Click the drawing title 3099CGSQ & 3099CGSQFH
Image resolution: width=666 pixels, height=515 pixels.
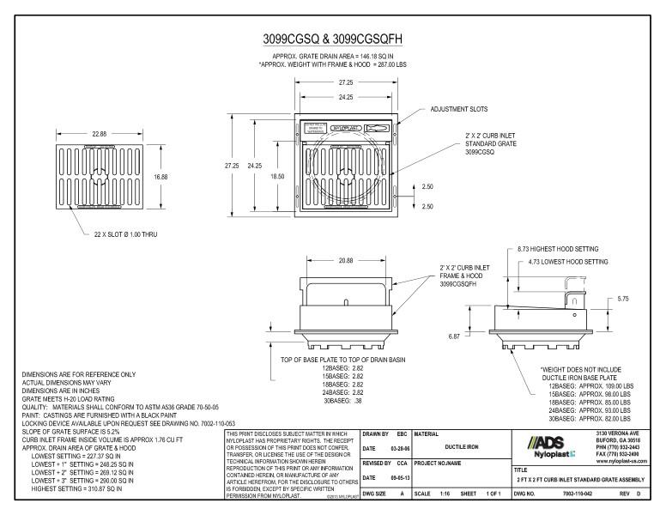[333, 40]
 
